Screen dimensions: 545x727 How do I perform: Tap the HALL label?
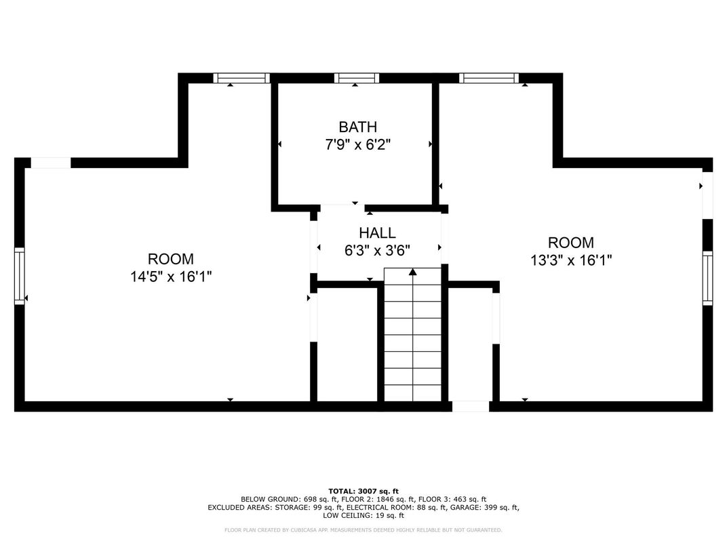coord(377,233)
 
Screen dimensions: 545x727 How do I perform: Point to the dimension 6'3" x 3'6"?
coord(377,250)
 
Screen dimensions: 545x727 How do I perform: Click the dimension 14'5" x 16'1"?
coord(171,277)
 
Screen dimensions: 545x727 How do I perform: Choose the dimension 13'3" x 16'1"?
coord(570,260)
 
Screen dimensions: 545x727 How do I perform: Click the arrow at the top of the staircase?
coord(412,272)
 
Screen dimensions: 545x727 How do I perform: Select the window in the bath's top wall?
coord(357,78)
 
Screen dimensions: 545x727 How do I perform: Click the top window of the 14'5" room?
coord(241,78)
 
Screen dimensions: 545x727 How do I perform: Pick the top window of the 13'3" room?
coord(488,78)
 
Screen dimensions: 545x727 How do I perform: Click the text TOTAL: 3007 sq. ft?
coord(363,491)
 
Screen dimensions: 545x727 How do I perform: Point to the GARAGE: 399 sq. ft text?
coord(487,507)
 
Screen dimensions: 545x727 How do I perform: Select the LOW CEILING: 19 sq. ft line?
coord(363,515)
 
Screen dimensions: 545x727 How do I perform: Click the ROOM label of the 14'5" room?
coord(171,259)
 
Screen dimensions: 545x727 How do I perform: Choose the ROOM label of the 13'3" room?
coord(570,243)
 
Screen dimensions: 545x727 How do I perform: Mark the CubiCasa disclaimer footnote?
coord(363,529)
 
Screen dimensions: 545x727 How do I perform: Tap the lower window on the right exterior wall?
coord(707,277)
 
